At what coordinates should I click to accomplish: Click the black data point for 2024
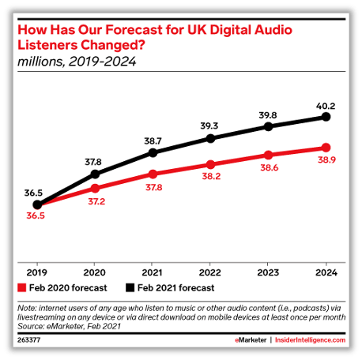click(326, 117)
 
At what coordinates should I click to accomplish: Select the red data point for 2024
click(326, 148)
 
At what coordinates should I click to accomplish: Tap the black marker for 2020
click(95, 174)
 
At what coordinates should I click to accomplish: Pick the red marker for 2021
click(153, 173)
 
